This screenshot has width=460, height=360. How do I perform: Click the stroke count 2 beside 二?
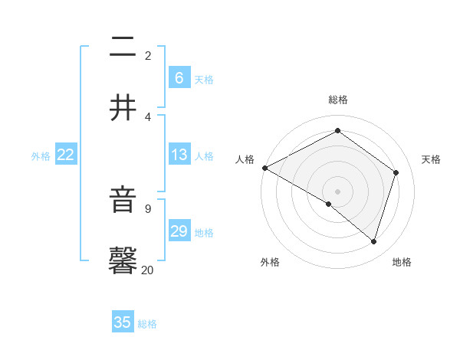coord(147,55)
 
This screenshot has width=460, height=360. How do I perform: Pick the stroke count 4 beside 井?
coord(147,116)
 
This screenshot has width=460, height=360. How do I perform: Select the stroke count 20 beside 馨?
coord(147,270)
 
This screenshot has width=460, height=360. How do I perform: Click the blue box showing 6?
coord(179,77)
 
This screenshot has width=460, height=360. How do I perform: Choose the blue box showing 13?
coord(179,155)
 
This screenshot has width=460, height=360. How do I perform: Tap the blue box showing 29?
coord(179,231)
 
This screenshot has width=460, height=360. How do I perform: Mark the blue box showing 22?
coord(66,155)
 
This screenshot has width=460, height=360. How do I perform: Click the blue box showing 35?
coord(123,322)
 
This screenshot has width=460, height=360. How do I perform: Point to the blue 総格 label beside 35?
coord(147,324)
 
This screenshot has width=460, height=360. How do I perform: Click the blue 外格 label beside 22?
coord(41,156)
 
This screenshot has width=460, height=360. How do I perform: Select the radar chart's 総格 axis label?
coord(337,100)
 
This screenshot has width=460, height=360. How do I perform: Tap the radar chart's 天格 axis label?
coord(431,159)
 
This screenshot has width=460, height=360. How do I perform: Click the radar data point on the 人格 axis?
coord(264,168)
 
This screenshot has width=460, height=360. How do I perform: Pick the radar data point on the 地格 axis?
coord(373,241)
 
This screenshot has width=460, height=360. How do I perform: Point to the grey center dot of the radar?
coord(337,191)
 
